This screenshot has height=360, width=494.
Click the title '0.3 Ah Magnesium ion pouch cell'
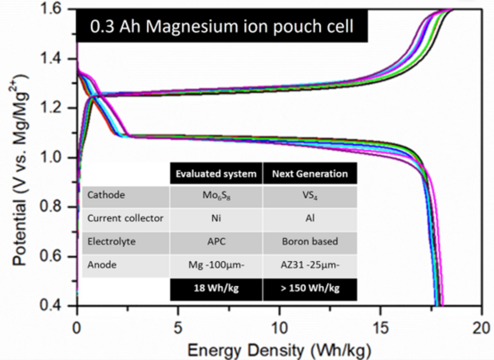click(221, 27)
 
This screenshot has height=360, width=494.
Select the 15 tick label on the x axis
click(380, 328)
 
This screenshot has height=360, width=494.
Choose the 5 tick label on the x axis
click(178, 328)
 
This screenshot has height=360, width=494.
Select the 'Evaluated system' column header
click(216, 173)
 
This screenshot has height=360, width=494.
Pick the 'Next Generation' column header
click(310, 173)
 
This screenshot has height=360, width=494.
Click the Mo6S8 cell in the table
click(216, 196)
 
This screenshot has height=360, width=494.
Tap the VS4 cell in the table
click(310, 196)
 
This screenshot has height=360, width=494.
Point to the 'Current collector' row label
click(125, 219)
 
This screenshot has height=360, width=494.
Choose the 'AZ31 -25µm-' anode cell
click(310, 266)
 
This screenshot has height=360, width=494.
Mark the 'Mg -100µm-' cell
click(216, 266)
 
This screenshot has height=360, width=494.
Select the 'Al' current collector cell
click(310, 219)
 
